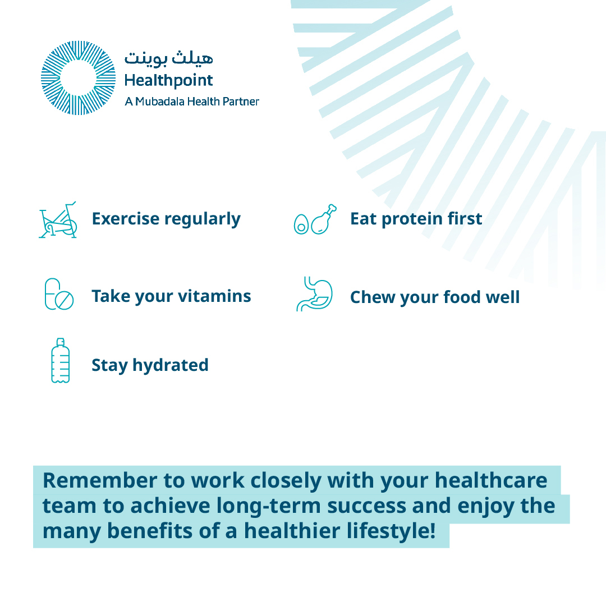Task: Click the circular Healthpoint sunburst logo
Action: pyautogui.click(x=78, y=78)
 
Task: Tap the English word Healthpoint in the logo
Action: pyautogui.click(x=168, y=81)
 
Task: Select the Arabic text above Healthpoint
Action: pyautogui.click(x=168, y=58)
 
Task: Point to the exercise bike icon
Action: pyautogui.click(x=58, y=219)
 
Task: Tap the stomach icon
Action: pyautogui.click(x=315, y=294)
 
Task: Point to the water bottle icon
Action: pyautogui.click(x=60, y=361)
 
